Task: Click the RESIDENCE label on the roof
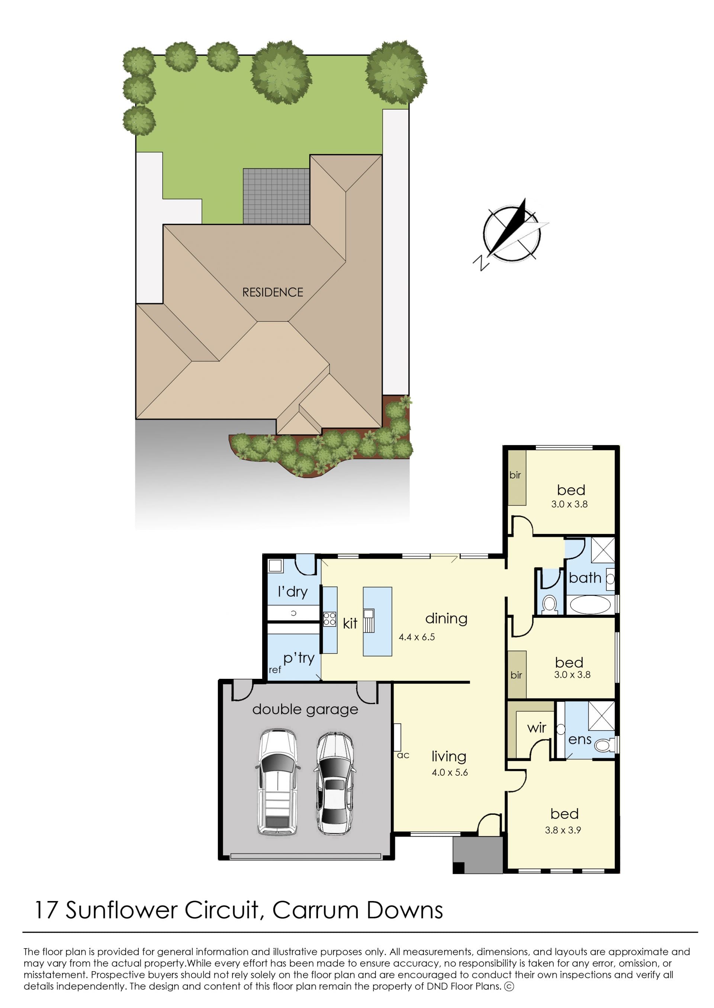(273, 292)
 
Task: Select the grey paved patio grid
(277, 196)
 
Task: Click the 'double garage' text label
(305, 709)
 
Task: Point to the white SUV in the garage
(277, 782)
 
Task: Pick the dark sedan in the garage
(335, 783)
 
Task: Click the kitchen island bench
(377, 622)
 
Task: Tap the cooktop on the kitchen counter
(329, 619)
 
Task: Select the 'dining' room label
(446, 618)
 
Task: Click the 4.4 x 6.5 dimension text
(416, 637)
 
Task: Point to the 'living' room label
(448, 756)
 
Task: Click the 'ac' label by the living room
(403, 755)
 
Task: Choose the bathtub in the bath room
(590, 605)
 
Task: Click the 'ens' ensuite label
(579, 740)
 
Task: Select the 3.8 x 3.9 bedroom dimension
(563, 830)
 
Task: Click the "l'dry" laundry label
(292, 591)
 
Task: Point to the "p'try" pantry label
(299, 658)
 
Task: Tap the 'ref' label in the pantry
(275, 670)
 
